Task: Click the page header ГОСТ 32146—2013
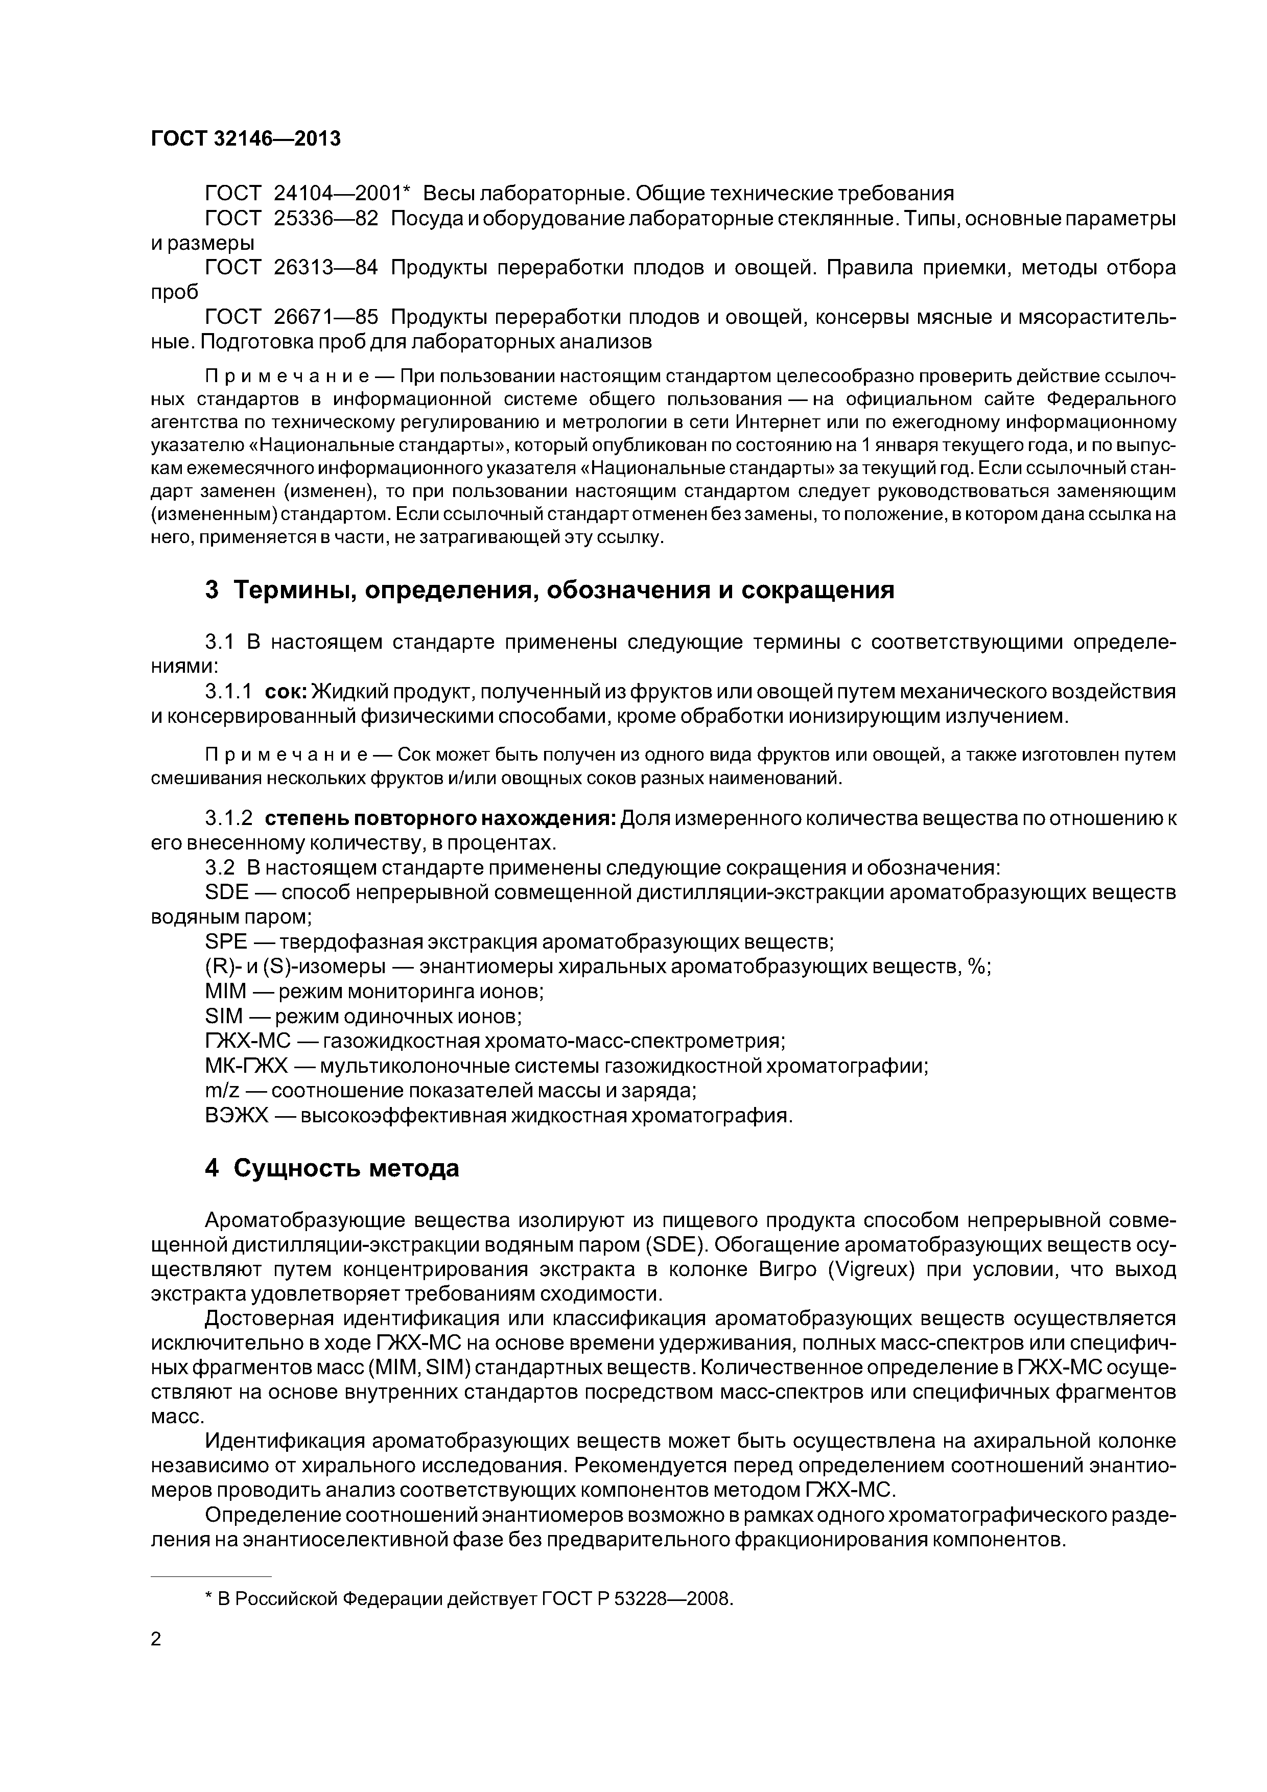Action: point(246,139)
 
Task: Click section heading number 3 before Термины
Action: point(212,590)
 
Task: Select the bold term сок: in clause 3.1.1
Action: point(287,692)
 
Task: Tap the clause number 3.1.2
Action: point(228,819)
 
